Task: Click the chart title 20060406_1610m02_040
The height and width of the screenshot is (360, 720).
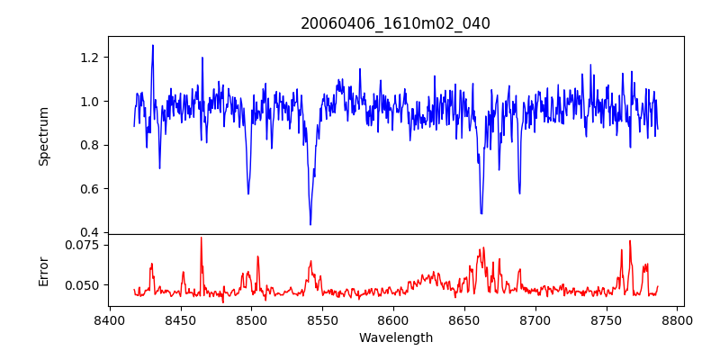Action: tap(395, 24)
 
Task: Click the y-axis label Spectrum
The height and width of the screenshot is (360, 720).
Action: tap(43, 136)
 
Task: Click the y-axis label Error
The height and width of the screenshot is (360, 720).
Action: tap(43, 270)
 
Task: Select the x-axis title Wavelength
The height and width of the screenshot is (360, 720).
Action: tap(395, 338)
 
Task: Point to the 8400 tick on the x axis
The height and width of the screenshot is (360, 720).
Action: tap(109, 319)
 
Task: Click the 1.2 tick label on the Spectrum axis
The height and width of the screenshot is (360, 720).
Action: tap(90, 58)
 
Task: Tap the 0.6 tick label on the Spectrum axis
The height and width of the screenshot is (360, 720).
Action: tap(90, 189)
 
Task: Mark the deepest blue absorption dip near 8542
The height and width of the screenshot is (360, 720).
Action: tap(310, 224)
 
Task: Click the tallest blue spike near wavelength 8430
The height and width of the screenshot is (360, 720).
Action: tap(153, 46)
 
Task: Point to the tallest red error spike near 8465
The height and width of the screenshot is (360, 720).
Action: tap(201, 238)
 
